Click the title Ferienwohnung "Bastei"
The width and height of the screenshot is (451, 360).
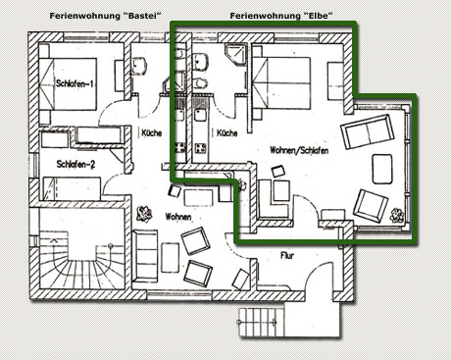click(106, 16)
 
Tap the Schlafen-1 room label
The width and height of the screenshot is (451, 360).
click(75, 83)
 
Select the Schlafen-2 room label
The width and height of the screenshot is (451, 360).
click(75, 164)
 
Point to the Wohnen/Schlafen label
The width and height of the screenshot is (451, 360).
click(299, 150)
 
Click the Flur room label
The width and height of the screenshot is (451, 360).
click(287, 255)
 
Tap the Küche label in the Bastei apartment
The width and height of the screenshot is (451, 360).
click(152, 133)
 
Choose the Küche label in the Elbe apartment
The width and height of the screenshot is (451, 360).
click(227, 133)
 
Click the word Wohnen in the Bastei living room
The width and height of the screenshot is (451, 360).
click(178, 217)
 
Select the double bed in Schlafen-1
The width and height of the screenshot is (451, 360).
click(68, 83)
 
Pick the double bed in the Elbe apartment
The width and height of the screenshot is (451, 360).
click(281, 82)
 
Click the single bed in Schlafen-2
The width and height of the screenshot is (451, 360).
click(72, 188)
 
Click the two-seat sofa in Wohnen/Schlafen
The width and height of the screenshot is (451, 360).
click(368, 131)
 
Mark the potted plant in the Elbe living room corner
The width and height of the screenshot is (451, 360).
click(397, 216)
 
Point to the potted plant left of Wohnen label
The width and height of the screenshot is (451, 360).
click(144, 214)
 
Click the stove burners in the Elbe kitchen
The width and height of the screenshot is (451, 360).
click(200, 148)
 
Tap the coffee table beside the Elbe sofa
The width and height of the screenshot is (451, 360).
click(382, 169)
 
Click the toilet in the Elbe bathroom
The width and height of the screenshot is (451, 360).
click(201, 83)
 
